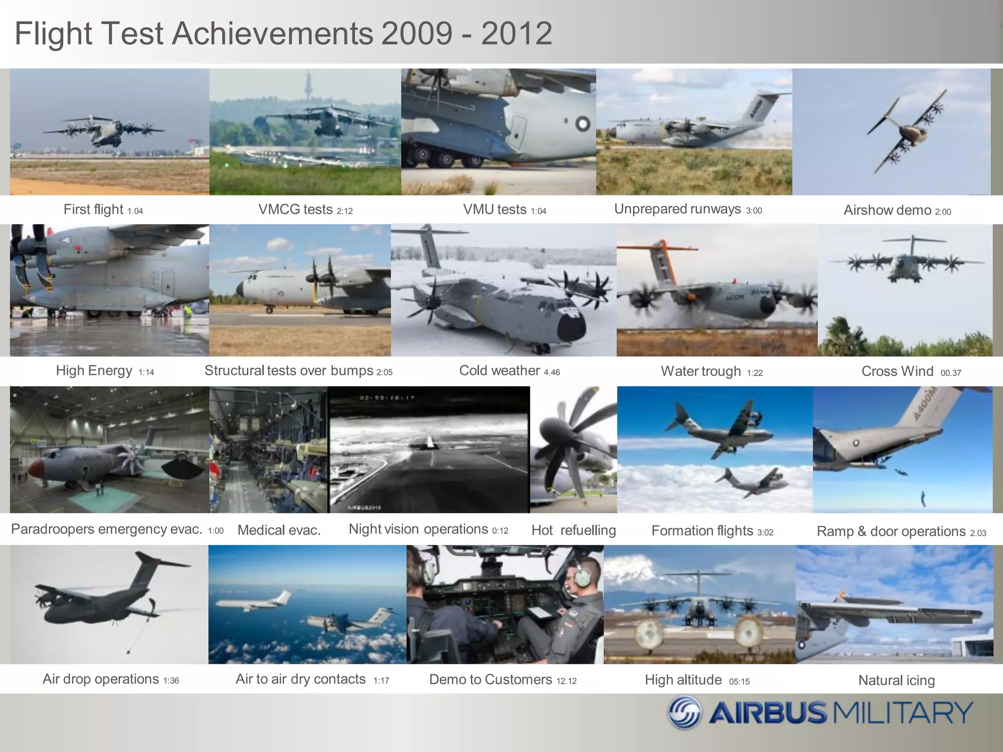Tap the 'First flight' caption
pos(93,210)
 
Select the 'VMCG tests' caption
pos(295,210)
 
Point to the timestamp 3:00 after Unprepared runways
pos(754,211)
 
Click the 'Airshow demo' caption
pos(887,211)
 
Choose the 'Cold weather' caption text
pos(499,371)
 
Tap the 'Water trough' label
pos(700,371)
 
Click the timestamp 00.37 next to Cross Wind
pos(951,373)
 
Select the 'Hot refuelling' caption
pos(573,530)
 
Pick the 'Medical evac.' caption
pos(279,530)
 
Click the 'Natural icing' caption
pos(896,680)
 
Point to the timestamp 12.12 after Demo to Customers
pos(566,681)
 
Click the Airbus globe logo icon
pos(685,713)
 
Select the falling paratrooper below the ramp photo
pos(923,499)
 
